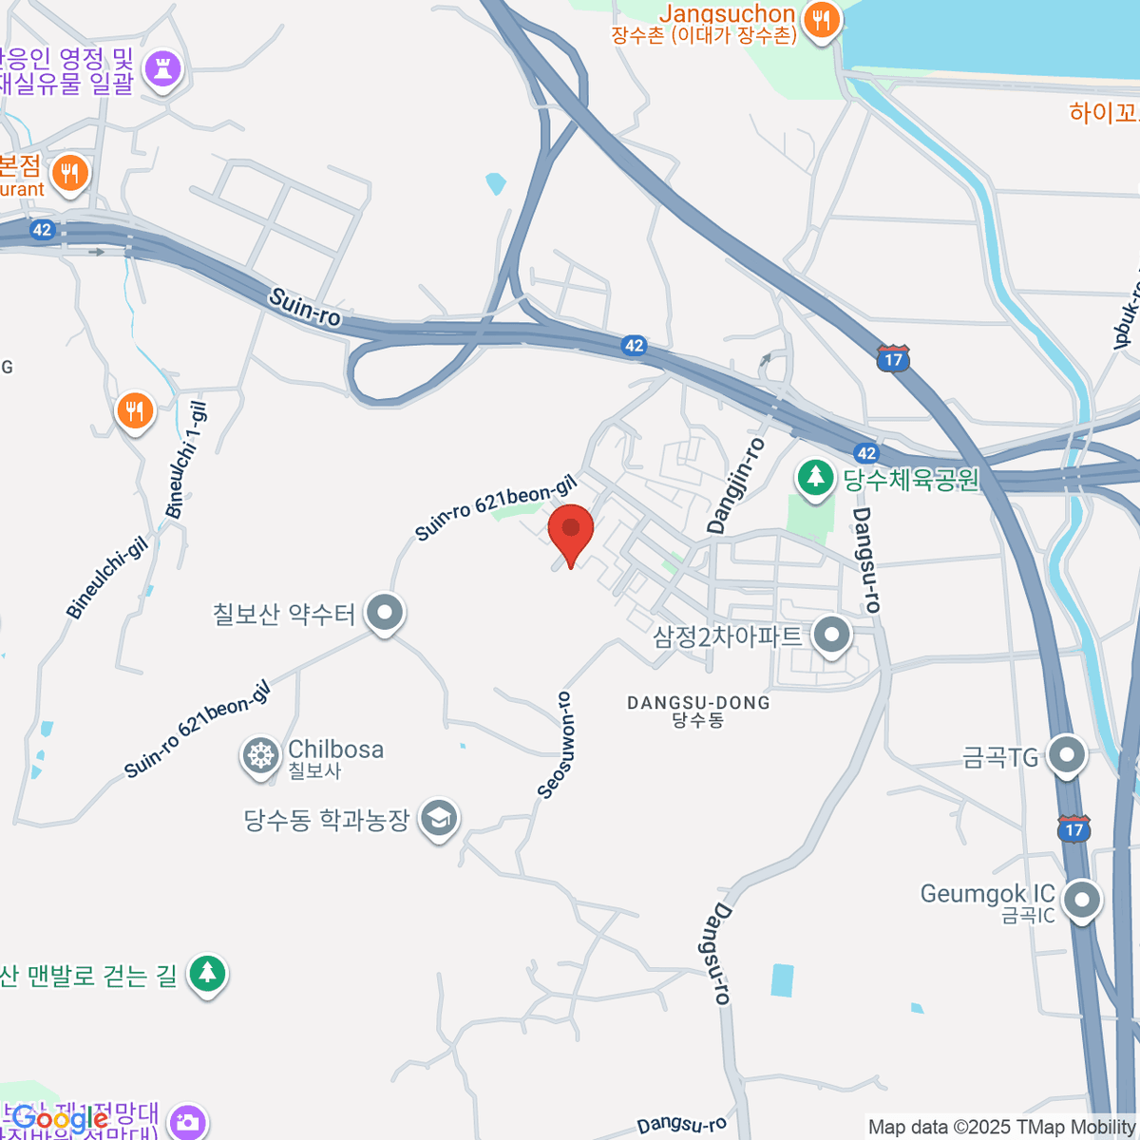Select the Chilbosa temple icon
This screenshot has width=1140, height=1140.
tap(259, 756)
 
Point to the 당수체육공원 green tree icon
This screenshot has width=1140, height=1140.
tap(814, 477)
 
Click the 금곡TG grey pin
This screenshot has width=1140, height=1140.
tap(1066, 756)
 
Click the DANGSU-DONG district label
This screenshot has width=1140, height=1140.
tap(698, 703)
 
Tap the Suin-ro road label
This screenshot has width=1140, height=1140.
tap(304, 307)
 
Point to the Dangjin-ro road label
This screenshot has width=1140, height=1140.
tap(735, 484)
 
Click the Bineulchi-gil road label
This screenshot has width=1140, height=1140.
tap(107, 577)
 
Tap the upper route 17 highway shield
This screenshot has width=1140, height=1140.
tap(893, 358)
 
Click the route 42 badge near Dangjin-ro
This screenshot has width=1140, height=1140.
tap(865, 453)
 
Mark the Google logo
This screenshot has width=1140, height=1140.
tap(59, 1118)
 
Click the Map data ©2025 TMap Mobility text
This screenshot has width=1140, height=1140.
tap(1001, 1127)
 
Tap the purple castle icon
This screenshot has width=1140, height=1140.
tap(161, 68)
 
